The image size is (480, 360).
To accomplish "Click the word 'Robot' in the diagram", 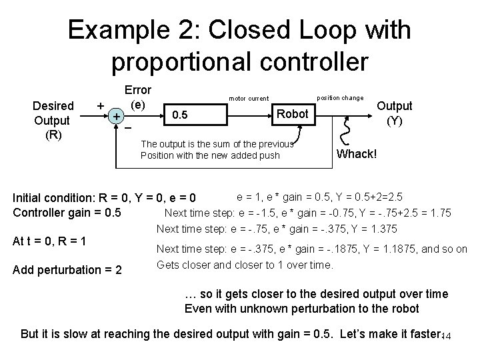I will (292, 113).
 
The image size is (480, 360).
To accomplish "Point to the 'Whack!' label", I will (357, 154).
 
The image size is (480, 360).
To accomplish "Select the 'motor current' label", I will (248, 99).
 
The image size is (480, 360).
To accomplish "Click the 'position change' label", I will (339, 97).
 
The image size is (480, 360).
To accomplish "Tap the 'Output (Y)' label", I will (395, 113).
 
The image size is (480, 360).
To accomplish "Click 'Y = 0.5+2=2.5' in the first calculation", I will (375, 197).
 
